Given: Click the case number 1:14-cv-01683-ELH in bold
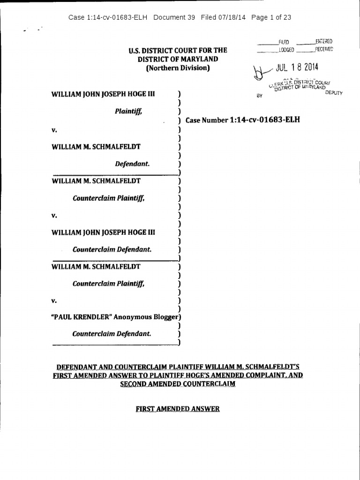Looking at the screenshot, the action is tap(265, 120).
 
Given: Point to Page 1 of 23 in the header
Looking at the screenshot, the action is tap(271, 17).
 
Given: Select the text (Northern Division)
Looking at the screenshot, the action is tap(178, 68).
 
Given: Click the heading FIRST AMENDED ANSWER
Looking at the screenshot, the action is tap(178, 409).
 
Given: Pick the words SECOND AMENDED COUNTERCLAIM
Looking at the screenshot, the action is tap(178, 384).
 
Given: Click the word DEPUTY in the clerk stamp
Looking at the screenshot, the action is tap(334, 93).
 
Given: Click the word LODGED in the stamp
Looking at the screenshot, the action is tap(286, 50).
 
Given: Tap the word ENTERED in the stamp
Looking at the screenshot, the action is tap(324, 42).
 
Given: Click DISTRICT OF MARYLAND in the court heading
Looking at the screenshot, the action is tap(178, 59).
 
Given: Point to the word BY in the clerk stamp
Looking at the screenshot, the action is tap(260, 95).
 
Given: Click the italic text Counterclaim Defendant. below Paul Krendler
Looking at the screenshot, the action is tap(112, 334).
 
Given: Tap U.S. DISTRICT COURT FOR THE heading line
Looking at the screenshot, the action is tap(178, 50).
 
